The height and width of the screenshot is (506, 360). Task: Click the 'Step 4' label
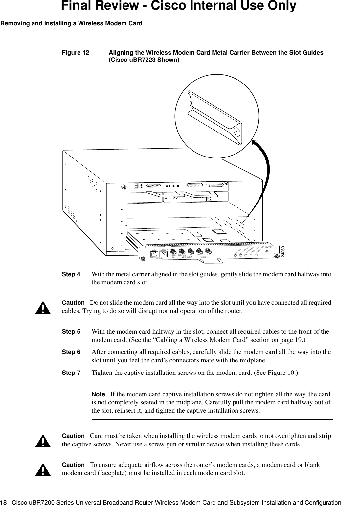pos(71,274)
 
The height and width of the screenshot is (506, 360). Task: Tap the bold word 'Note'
pos(98,394)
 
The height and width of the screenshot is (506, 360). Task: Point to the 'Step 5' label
pos(71,332)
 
